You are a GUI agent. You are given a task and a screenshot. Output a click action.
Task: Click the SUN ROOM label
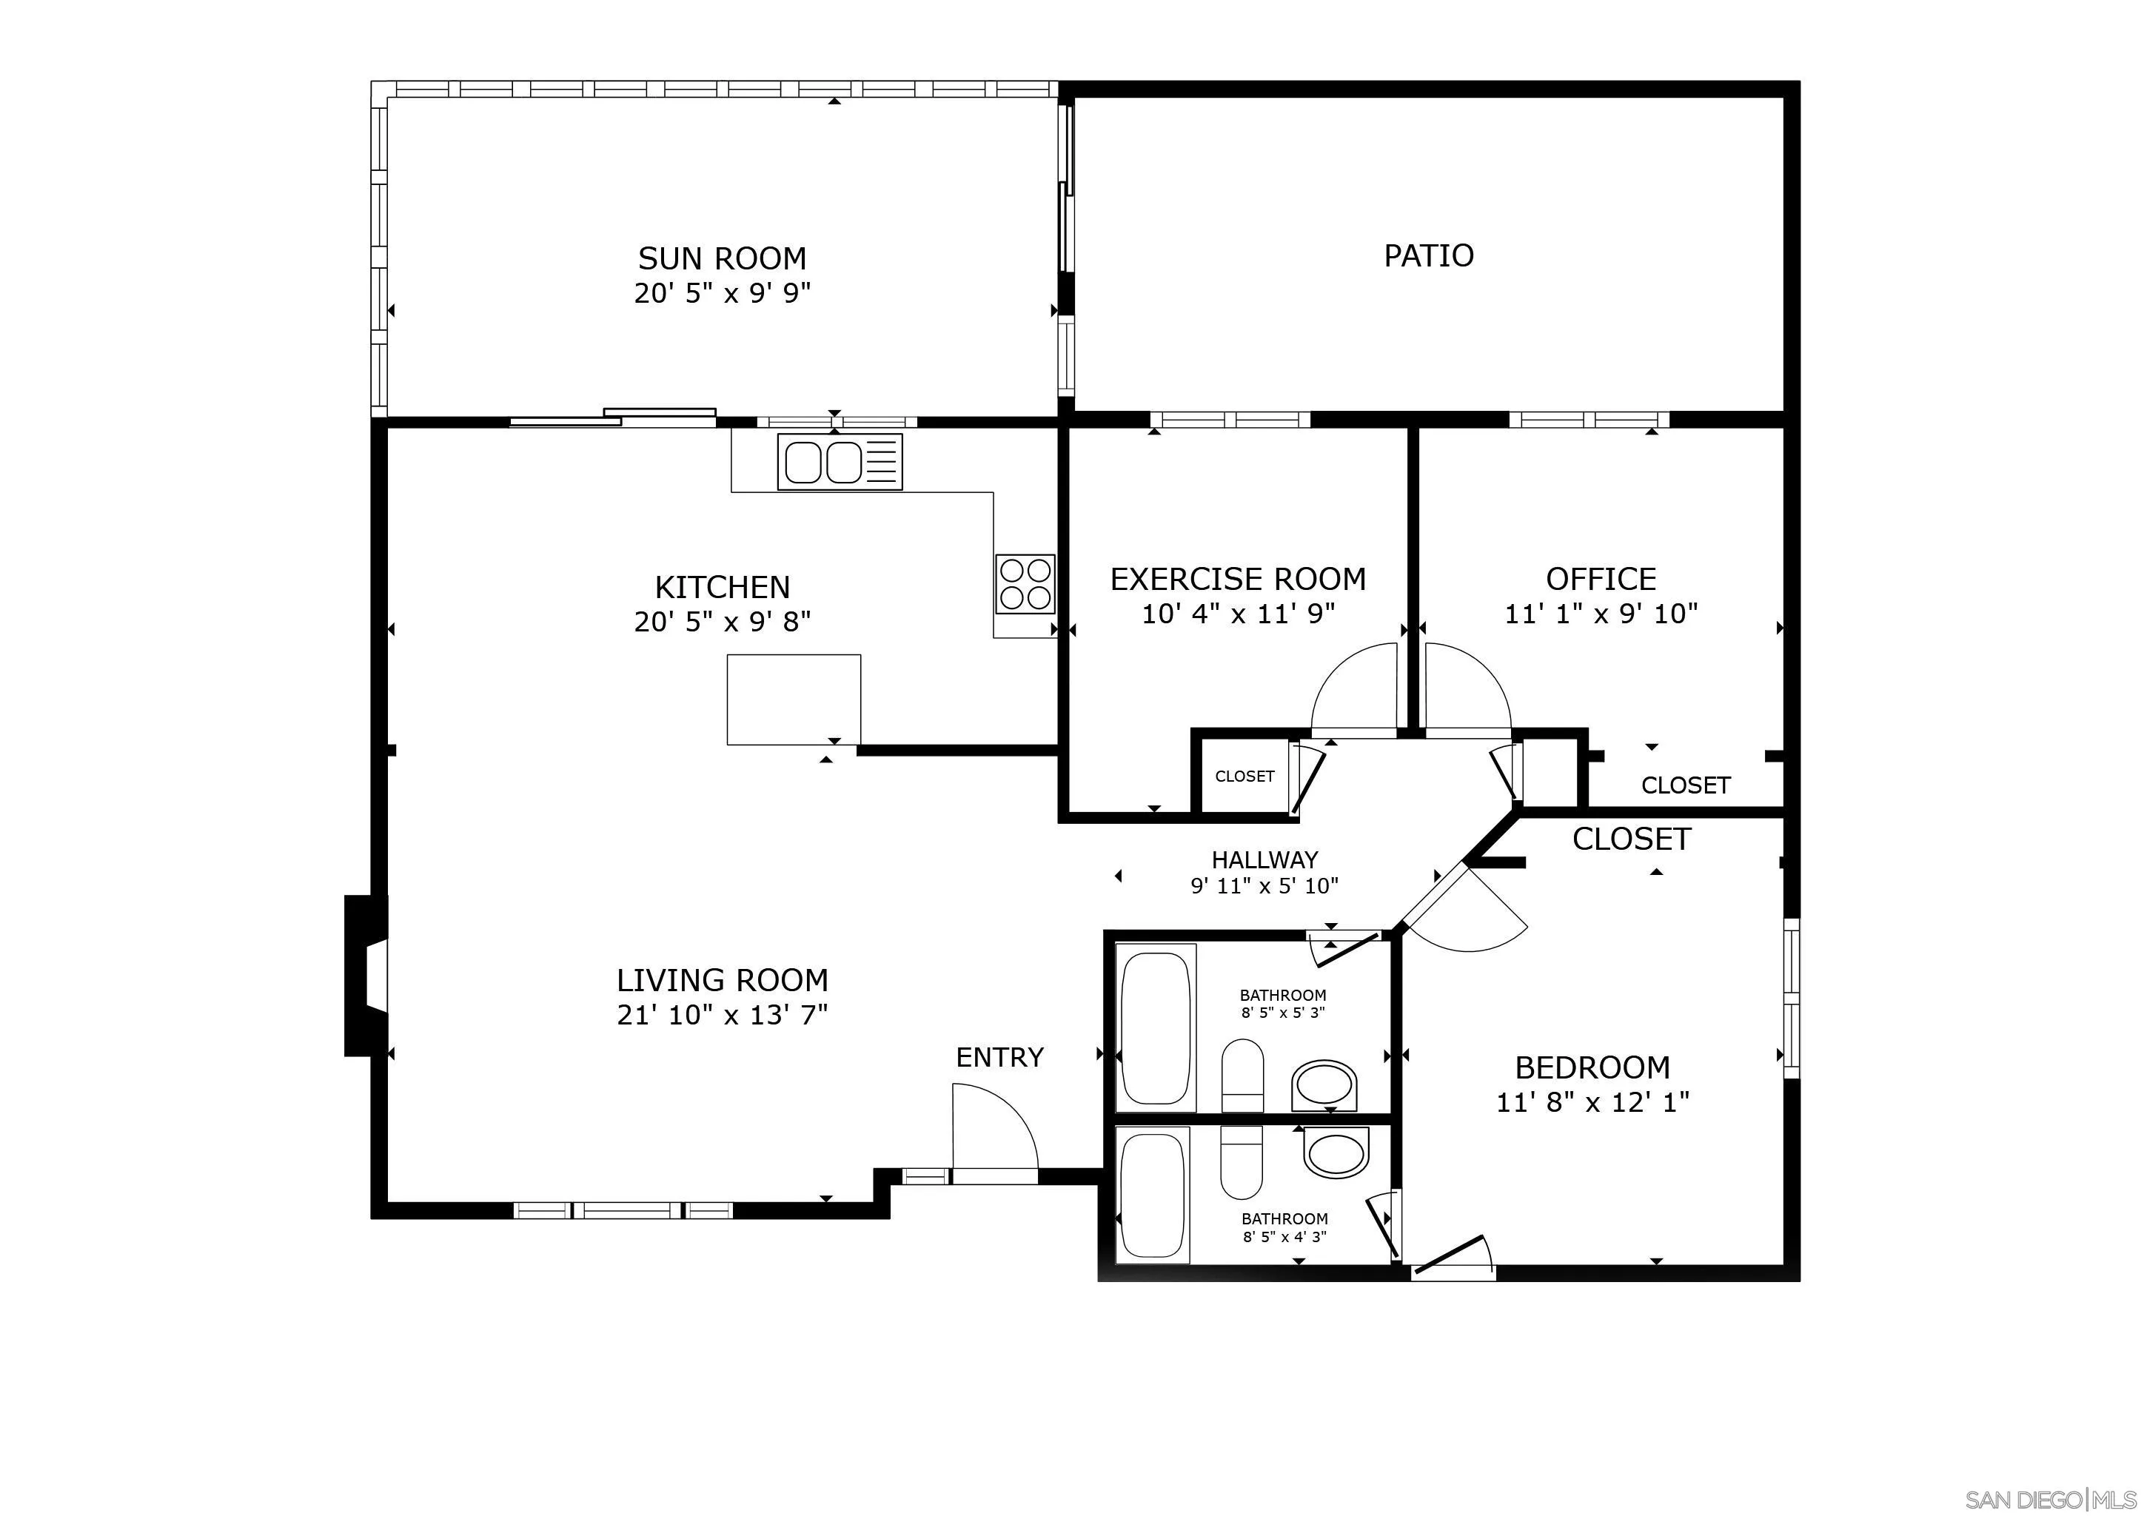tap(722, 258)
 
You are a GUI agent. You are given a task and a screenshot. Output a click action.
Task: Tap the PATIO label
tap(1428, 255)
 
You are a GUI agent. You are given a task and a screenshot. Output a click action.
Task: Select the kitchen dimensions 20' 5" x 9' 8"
tap(722, 622)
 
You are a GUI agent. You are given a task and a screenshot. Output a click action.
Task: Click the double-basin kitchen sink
tap(840, 461)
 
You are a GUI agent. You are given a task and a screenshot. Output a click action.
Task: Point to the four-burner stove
tap(1025, 583)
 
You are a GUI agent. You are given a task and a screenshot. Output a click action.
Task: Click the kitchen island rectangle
tap(794, 700)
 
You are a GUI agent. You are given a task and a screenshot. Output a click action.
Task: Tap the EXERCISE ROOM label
tap(1237, 579)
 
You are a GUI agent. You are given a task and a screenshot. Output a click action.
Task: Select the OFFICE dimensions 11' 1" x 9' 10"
tap(1601, 614)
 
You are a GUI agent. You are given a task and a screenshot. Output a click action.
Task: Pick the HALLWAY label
tap(1264, 859)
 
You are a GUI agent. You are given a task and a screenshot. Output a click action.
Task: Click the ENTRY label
tap(999, 1057)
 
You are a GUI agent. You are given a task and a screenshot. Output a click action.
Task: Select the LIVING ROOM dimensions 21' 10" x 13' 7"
tap(722, 1015)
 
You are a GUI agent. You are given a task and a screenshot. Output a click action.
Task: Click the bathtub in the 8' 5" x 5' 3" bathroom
tap(1156, 1027)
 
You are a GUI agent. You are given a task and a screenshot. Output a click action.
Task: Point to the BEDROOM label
tap(1592, 1067)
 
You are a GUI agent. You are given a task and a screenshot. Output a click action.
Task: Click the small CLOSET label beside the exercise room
tap(1244, 777)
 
